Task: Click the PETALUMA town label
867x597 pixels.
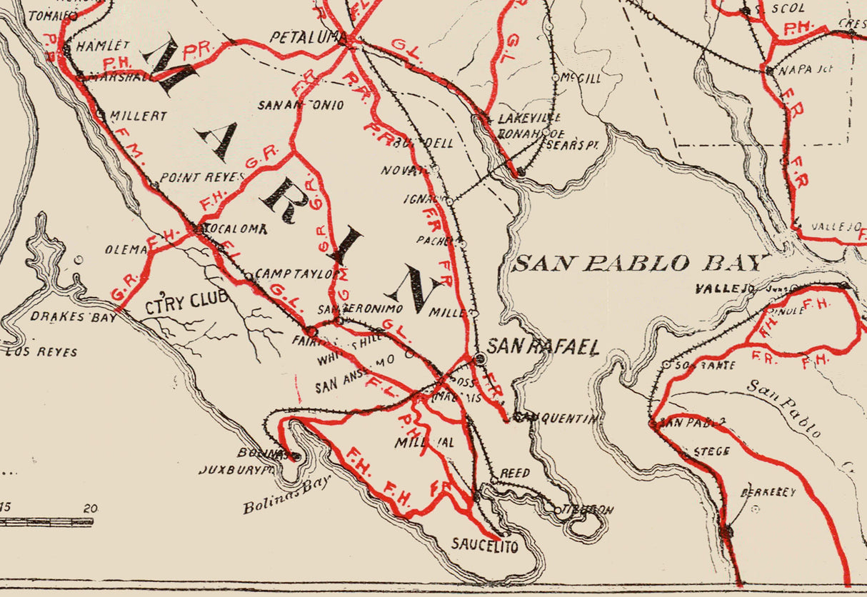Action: tap(303, 37)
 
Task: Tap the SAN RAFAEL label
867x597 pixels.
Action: tap(543, 347)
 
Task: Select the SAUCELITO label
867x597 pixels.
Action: tap(483, 546)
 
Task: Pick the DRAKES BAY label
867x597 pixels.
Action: tap(73, 317)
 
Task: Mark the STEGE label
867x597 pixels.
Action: tap(711, 451)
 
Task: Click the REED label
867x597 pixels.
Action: tap(514, 473)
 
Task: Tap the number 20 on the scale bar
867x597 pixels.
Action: tap(89, 509)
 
